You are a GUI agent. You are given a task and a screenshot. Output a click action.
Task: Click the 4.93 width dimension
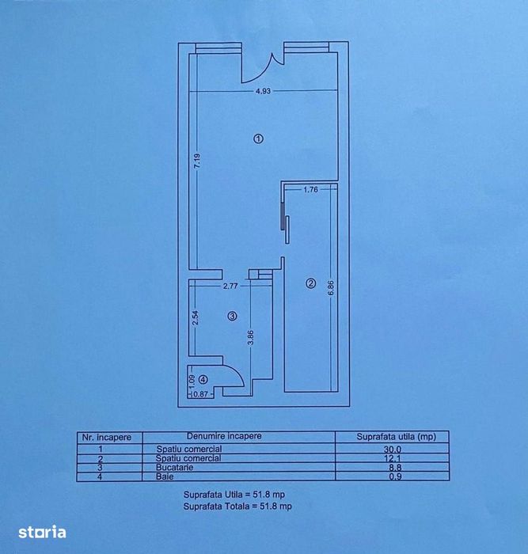click(263, 91)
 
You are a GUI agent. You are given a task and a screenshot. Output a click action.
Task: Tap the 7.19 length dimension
click(197, 161)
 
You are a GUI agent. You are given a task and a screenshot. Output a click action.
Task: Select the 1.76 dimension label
click(310, 189)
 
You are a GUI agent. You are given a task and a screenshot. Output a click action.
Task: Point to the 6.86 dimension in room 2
click(331, 288)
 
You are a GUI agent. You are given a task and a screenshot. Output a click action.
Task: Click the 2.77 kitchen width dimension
click(230, 286)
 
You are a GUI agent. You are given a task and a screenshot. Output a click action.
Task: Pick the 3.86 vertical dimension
click(250, 337)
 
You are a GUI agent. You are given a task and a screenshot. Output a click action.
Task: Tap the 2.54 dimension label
click(196, 317)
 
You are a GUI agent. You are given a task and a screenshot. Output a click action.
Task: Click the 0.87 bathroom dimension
click(200, 393)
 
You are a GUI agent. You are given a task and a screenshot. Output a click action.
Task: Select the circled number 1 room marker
click(258, 138)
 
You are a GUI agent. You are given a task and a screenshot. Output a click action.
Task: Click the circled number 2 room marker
click(310, 283)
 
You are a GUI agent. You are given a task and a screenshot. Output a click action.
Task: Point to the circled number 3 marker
click(232, 317)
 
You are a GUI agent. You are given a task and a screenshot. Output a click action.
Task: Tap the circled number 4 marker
click(203, 379)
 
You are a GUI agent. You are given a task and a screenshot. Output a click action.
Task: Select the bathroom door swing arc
click(237, 372)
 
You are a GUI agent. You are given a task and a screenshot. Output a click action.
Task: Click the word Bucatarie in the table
click(175, 467)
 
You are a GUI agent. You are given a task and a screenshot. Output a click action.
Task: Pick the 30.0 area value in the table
click(393, 449)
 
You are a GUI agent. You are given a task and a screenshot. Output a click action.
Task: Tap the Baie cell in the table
click(165, 476)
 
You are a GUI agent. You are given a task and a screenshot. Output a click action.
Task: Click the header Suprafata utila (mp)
click(396, 437)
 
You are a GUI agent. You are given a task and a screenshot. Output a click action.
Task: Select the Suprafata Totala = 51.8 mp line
click(237, 507)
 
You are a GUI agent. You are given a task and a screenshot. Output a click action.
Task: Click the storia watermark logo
click(42, 532)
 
